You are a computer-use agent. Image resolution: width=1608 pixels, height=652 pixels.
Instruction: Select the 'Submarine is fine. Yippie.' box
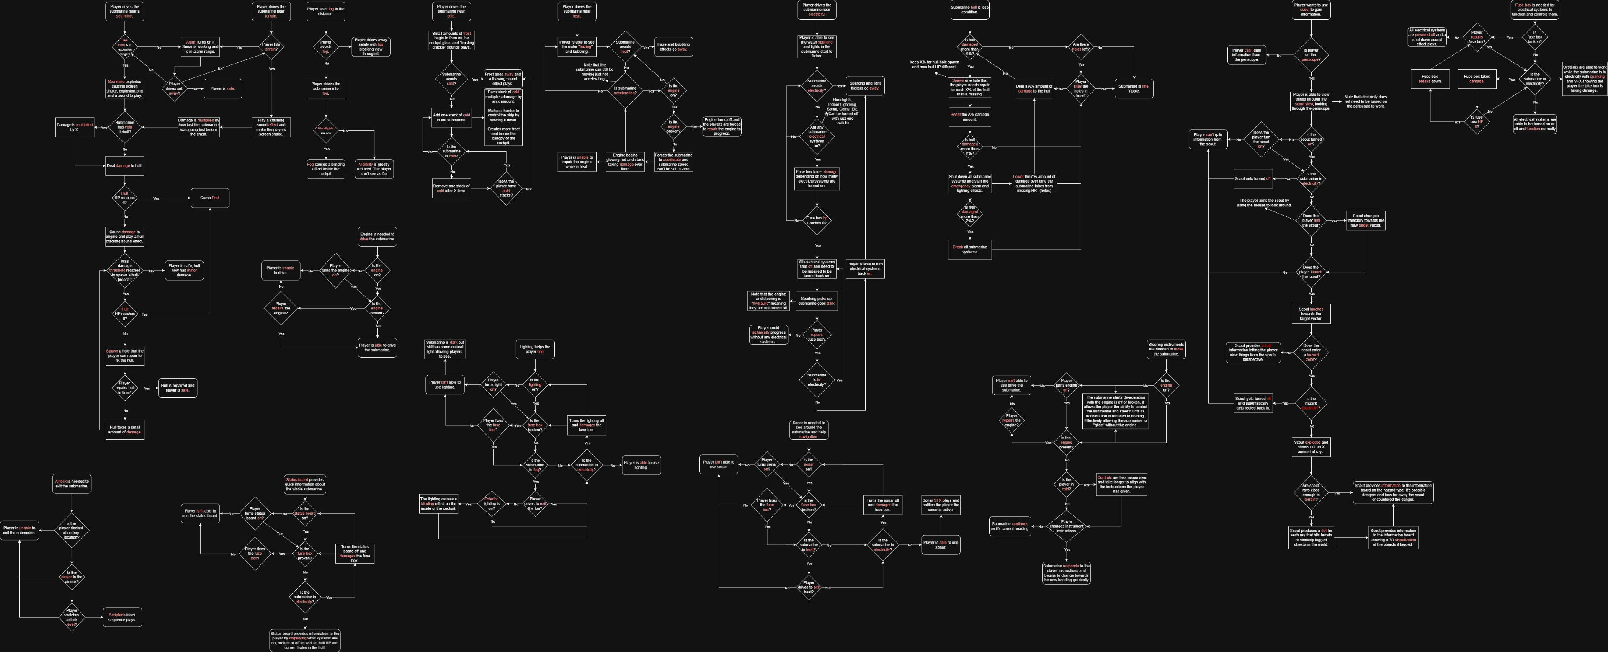point(1134,89)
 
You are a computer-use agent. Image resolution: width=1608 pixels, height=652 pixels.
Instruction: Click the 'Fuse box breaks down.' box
point(1430,79)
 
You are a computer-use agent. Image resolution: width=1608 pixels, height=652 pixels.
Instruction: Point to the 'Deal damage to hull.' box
point(124,166)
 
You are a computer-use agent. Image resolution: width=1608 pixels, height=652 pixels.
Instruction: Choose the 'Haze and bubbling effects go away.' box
point(673,47)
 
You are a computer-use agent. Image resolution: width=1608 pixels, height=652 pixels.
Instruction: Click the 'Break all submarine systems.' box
point(969,249)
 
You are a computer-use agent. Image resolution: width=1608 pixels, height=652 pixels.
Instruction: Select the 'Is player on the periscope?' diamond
point(1310,55)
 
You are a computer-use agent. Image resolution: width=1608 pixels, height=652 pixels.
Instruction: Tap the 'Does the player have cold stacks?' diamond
point(505,188)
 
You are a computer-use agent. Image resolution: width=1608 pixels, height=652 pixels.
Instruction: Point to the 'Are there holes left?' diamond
point(1080,47)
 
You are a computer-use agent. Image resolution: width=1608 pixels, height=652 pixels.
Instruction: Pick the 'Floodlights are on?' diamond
point(326,131)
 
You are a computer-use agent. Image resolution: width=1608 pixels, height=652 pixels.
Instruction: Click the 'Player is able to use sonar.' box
point(940,544)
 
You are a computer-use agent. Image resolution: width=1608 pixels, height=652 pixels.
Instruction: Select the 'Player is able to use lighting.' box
point(641,465)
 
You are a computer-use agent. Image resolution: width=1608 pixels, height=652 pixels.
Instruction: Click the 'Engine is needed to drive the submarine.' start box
point(377,237)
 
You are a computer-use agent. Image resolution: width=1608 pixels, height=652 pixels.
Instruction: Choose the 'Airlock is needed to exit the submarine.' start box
point(72,483)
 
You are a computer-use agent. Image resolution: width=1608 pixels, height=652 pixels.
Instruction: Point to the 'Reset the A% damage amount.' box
point(969,117)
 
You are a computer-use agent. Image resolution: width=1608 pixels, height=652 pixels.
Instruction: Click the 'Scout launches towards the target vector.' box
point(1311,314)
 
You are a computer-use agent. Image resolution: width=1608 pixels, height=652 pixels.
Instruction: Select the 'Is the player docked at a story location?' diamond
point(72,531)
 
